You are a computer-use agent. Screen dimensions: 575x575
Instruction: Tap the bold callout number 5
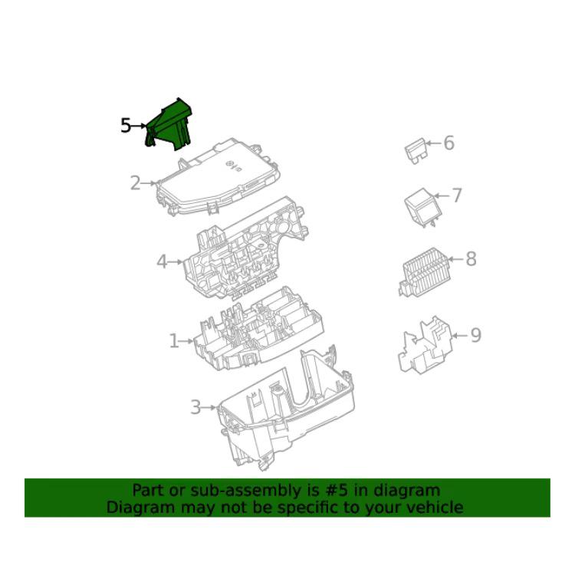(126, 126)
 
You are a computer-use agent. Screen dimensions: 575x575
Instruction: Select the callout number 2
(135, 183)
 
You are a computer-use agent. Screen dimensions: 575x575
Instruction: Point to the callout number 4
(162, 262)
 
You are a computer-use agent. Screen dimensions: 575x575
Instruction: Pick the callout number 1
(174, 341)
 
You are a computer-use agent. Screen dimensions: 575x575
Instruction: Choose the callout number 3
(195, 407)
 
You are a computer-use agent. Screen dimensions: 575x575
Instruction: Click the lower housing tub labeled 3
(286, 409)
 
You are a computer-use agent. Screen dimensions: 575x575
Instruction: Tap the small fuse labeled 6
(415, 151)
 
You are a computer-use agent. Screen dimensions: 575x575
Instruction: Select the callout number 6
(449, 143)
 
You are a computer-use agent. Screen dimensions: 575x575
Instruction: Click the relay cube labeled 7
(422, 207)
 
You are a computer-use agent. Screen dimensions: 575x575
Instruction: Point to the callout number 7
(457, 195)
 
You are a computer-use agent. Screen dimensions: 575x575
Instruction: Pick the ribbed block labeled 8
(425, 271)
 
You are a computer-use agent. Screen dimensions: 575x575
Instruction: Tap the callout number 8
(472, 259)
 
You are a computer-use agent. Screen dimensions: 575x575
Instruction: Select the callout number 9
(475, 335)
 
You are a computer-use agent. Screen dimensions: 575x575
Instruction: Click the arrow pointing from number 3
(209, 407)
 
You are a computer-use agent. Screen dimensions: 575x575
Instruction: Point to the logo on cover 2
(230, 164)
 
